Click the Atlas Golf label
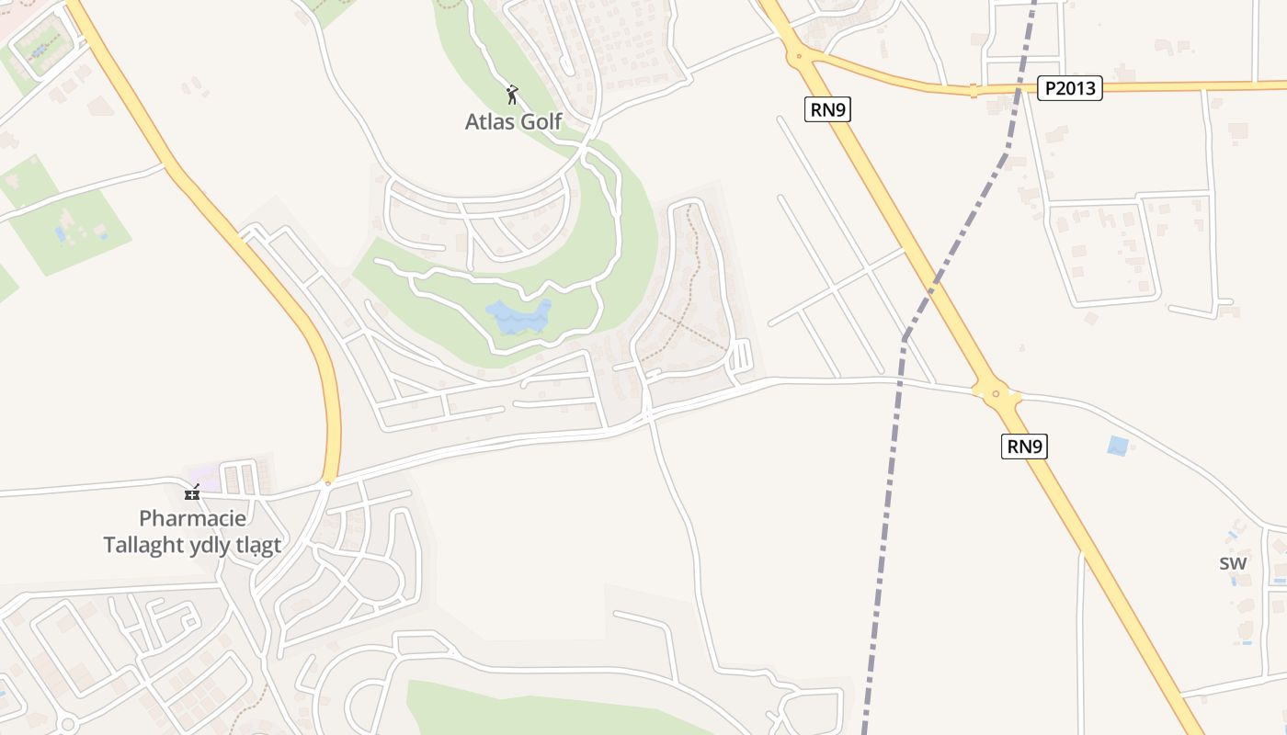tap(513, 121)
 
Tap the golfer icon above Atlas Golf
tap(513, 94)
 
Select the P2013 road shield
tap(1070, 88)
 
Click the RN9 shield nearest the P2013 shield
tap(828, 110)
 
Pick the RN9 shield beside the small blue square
tap(1025, 447)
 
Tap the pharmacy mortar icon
tap(192, 492)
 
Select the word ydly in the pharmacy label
tap(211, 545)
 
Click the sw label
tap(1233, 563)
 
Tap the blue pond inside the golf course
tap(518, 317)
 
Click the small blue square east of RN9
tap(1118, 447)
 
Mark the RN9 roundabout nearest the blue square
tap(997, 396)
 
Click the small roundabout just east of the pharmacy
tap(328, 481)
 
